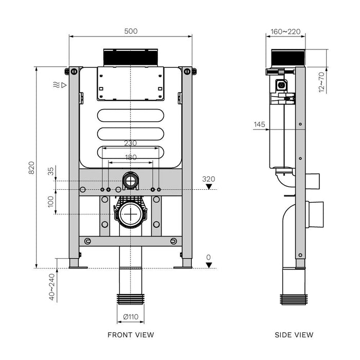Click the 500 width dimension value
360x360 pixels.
[x=131, y=31]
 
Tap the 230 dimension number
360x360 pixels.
[x=131, y=143]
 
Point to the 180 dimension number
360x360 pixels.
[x=131, y=157]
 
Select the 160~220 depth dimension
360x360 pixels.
[x=286, y=31]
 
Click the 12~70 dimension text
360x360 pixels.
[x=321, y=81]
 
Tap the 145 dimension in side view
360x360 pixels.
[x=259, y=124]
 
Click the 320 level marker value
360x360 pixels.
[x=209, y=178]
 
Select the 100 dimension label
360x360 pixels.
[x=51, y=201]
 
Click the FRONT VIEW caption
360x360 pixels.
[x=131, y=335]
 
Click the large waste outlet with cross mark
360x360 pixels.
[x=131, y=213]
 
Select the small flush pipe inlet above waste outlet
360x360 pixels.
[x=131, y=181]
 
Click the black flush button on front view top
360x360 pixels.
[x=131, y=57]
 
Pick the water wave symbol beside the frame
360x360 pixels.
[x=56, y=84]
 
